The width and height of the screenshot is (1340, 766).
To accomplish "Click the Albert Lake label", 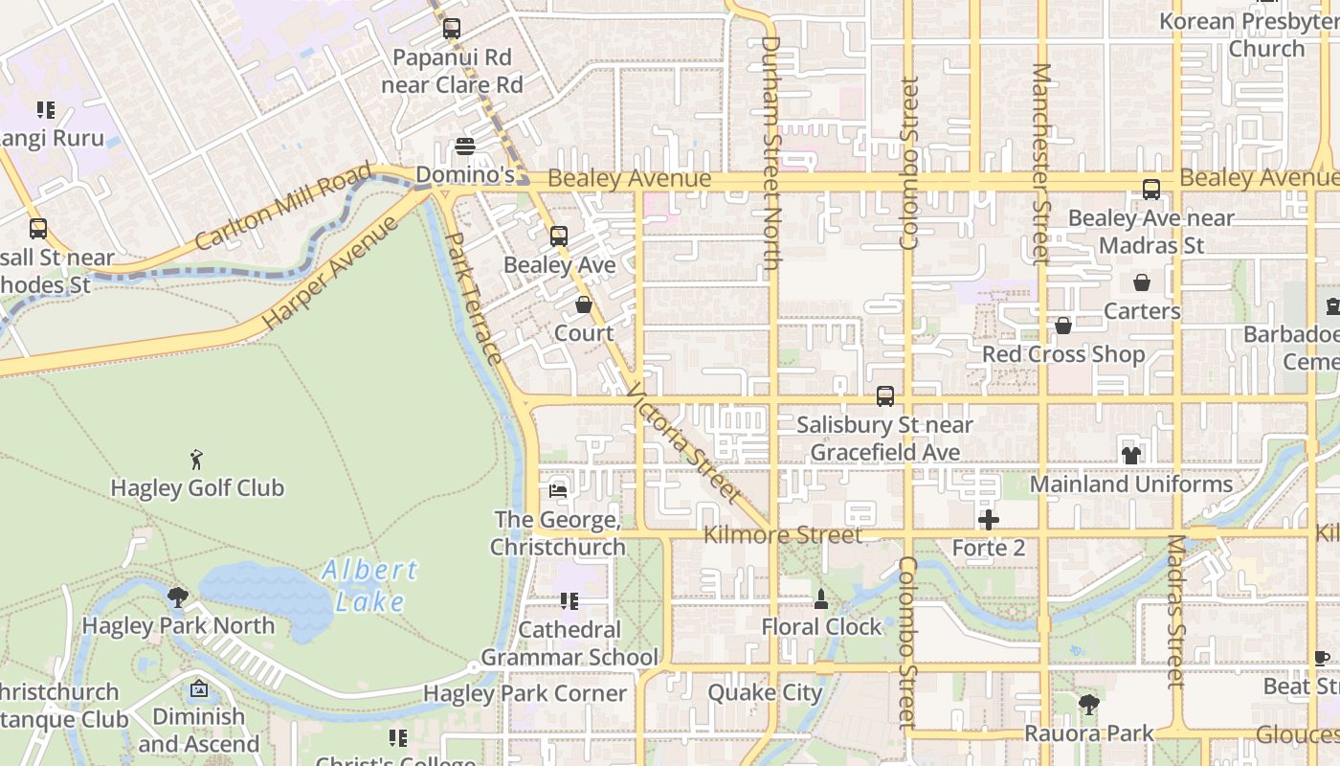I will pos(370,585).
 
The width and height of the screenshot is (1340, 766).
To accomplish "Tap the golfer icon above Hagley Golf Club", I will pos(197,460).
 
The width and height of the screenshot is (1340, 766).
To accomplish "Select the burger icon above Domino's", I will pos(465,146).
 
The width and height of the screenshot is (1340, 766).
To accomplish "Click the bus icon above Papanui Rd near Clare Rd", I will pos(452,29).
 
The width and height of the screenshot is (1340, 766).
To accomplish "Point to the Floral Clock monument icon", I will pos(820,599).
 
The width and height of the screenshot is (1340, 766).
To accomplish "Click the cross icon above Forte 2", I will pos(989,520).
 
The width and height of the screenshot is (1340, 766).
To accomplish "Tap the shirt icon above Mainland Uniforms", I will pos(1131,456).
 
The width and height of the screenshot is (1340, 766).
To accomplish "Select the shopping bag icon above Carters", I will pos(1141,282).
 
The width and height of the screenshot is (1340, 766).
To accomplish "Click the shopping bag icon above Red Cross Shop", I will pos(1062,327).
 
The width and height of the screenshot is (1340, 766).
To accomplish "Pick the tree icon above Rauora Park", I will pos(1088,705).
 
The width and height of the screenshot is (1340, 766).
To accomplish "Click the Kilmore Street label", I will pos(783,534).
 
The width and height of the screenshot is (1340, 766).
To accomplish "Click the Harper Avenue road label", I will pos(329,274).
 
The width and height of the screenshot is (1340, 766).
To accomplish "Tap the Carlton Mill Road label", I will pos(282,208).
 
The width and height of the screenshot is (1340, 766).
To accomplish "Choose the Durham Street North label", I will pos(772,153).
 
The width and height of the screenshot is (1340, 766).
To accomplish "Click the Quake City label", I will pos(765,692).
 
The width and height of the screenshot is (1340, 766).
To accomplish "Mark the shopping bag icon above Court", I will pos(584,304).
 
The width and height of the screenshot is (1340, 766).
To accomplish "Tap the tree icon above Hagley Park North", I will pos(177,597).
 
